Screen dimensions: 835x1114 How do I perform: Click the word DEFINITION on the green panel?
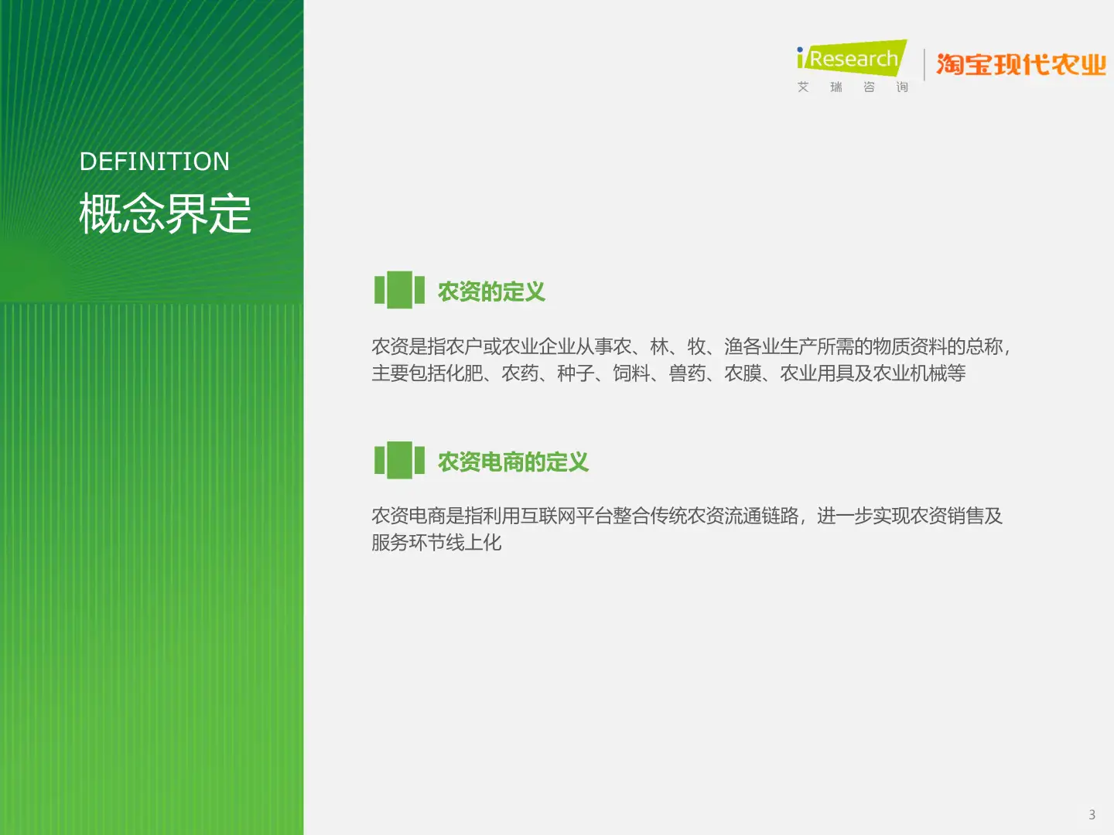coord(155,162)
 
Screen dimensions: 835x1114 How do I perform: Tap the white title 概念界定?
coord(165,213)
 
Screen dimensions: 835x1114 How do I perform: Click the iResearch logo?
coord(851,58)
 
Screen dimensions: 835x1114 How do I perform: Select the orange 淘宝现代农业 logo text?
coord(1021,65)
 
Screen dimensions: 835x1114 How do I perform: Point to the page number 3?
coord(1092,815)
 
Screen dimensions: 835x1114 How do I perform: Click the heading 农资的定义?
coord(491,291)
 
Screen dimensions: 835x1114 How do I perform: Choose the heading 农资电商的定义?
coord(513,462)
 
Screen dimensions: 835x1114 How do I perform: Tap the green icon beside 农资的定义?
coord(399,290)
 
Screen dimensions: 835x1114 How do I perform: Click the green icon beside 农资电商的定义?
coord(399,460)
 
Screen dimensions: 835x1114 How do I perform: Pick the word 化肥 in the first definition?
coord(464,373)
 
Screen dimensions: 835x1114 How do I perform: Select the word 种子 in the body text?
coord(576,373)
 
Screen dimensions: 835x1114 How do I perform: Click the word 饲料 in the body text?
coord(631,373)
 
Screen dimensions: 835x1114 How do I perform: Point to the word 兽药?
coord(687,373)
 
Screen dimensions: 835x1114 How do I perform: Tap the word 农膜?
coord(743,373)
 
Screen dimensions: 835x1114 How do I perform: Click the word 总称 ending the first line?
coord(984,346)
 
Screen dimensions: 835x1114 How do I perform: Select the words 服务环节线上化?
coord(436,543)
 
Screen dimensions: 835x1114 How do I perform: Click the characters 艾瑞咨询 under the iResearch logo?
coord(853,87)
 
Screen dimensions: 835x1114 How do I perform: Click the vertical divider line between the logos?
coord(924,64)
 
